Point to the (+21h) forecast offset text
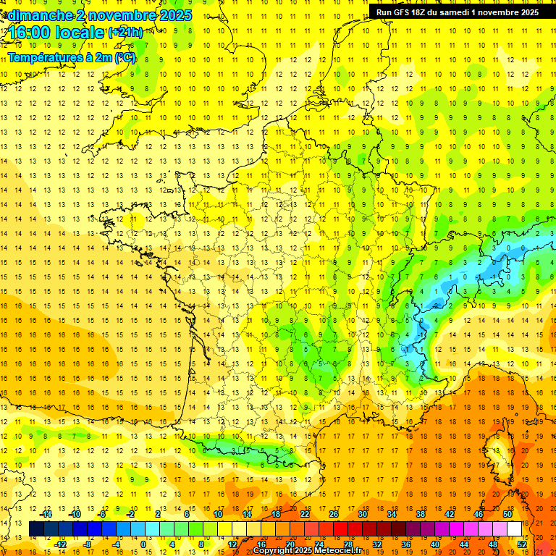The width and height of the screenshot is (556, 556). (125, 33)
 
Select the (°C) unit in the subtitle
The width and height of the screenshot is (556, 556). (125, 56)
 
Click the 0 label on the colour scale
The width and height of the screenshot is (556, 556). (143, 544)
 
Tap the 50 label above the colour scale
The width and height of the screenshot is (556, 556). (507, 514)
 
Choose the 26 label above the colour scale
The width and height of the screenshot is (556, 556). (334, 514)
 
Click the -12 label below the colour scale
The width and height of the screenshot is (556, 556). (60, 544)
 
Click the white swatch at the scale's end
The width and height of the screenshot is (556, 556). (515, 529)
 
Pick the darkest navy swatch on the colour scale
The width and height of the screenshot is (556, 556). (37, 529)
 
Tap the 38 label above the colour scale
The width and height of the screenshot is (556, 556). (421, 514)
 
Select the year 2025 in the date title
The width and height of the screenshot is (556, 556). (176, 15)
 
